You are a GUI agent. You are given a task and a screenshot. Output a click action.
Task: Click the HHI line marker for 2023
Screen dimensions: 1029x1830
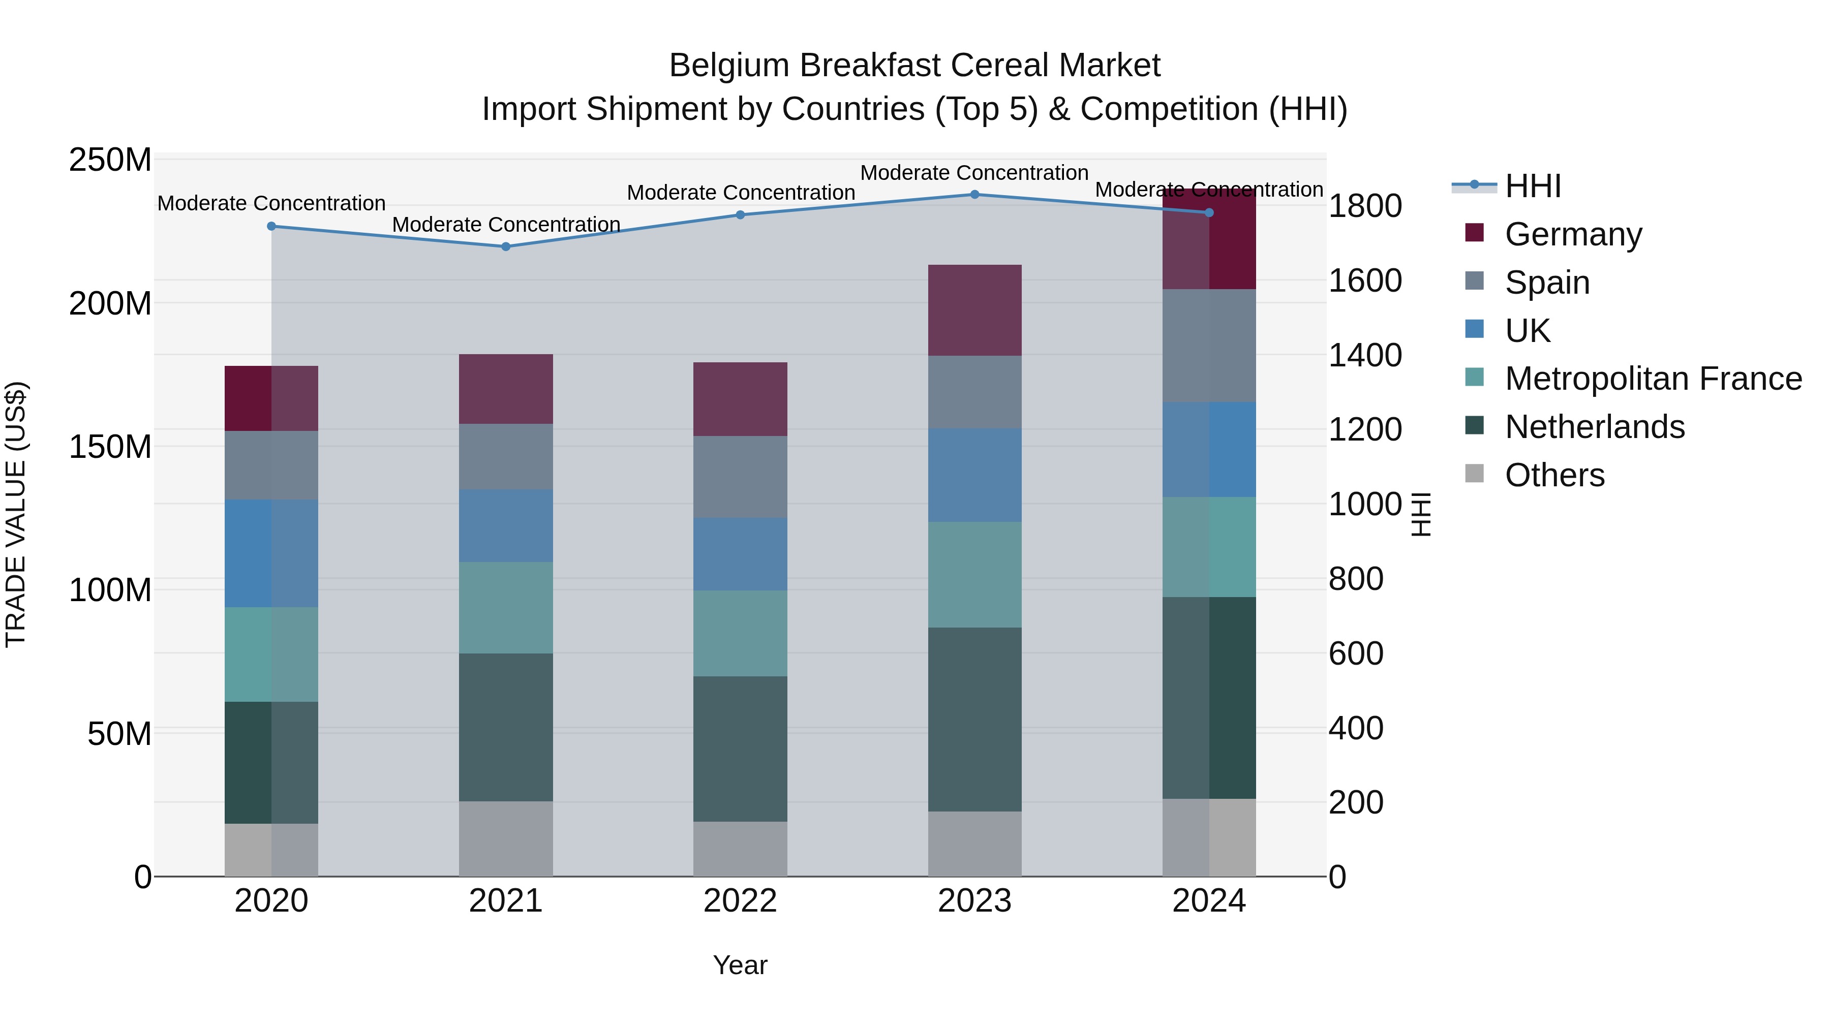(x=974, y=195)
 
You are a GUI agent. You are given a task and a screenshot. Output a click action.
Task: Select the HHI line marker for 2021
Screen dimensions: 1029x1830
(x=506, y=246)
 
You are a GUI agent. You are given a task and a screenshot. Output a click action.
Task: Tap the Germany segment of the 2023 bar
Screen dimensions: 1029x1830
(x=974, y=310)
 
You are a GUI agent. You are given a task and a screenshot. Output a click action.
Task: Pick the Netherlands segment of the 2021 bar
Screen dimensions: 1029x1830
(x=506, y=727)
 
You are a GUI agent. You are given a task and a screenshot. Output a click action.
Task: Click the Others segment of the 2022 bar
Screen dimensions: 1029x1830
(x=740, y=849)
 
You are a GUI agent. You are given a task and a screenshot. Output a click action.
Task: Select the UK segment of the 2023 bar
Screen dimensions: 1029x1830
(x=974, y=475)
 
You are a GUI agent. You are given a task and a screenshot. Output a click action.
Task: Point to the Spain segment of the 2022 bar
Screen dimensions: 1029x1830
(x=740, y=477)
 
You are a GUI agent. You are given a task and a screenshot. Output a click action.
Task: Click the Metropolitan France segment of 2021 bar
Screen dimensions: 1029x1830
(x=506, y=608)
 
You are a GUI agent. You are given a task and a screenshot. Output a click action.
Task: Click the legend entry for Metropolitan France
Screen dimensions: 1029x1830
(x=1653, y=379)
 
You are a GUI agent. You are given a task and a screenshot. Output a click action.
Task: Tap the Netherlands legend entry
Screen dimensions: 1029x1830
(x=1594, y=427)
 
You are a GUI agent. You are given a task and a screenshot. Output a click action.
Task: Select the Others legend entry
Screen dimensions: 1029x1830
(x=1554, y=475)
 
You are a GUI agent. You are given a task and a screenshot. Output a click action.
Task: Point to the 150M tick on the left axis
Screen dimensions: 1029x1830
(x=110, y=447)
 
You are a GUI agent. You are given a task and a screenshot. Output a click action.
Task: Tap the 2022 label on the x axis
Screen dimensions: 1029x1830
(x=740, y=901)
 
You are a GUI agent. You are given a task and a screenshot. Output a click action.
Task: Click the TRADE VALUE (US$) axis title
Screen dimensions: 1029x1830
(x=16, y=514)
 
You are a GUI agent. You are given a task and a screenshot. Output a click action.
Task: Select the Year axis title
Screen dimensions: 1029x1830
(x=740, y=965)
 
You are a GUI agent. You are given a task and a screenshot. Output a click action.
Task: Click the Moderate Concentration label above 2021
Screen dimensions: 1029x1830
(x=506, y=225)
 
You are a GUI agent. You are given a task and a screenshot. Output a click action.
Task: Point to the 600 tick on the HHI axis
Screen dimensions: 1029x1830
(x=1355, y=653)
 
